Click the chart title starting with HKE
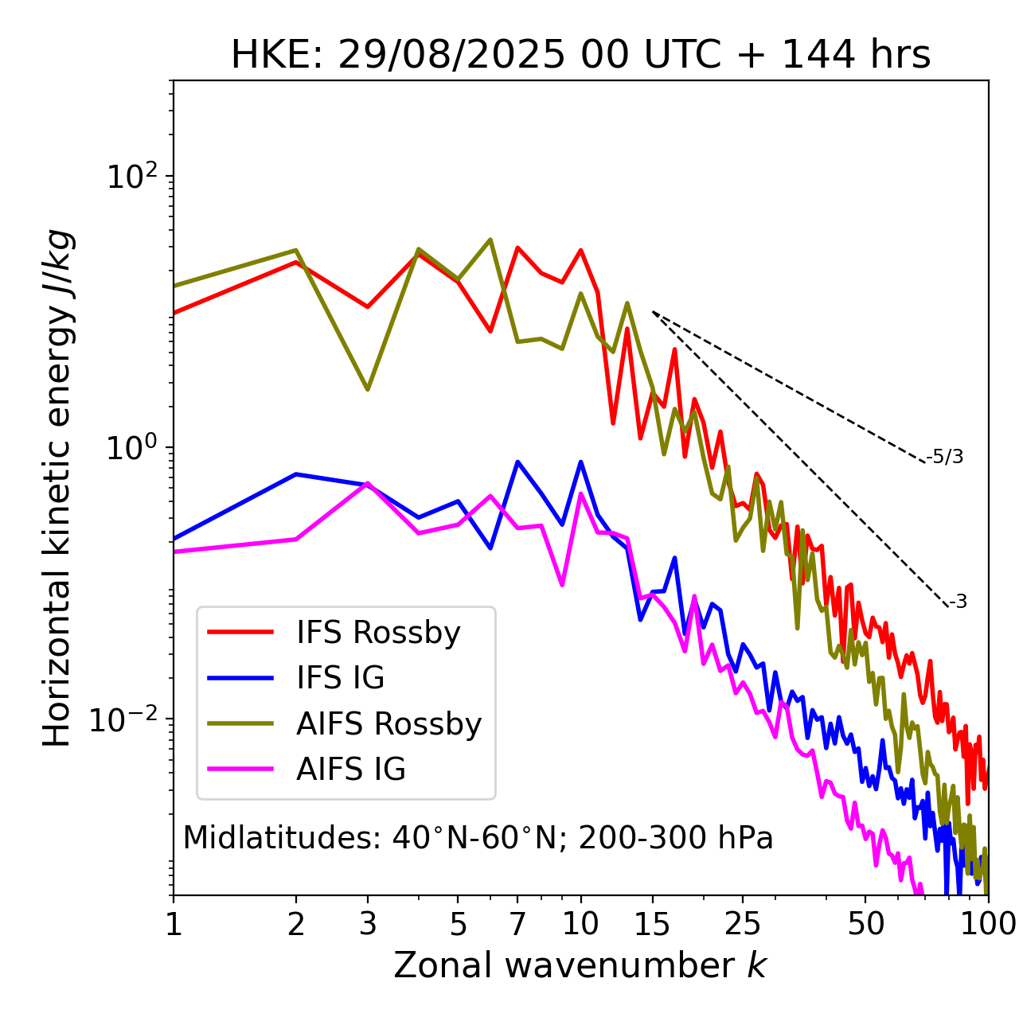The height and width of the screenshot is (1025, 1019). tap(580, 56)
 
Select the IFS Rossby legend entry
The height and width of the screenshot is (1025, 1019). tap(378, 633)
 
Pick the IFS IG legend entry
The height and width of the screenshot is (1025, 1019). tap(340, 678)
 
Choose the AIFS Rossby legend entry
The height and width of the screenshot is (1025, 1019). tap(388, 724)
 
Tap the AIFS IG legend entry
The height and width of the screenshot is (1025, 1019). tap(351, 770)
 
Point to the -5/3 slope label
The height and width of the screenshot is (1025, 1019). tap(945, 457)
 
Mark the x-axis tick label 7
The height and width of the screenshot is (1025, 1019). tap(517, 924)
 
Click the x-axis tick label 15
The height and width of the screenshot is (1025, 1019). tap(652, 924)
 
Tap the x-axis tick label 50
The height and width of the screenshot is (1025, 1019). tap(865, 924)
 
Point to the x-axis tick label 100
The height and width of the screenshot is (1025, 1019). tap(988, 924)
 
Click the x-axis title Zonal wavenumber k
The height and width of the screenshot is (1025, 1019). tap(580, 965)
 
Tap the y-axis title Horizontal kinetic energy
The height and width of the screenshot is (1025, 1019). tap(57, 488)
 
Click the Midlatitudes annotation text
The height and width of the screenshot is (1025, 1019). tap(478, 838)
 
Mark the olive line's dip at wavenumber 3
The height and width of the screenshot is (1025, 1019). tap(368, 389)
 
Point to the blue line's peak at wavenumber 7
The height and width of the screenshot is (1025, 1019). tap(517, 462)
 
